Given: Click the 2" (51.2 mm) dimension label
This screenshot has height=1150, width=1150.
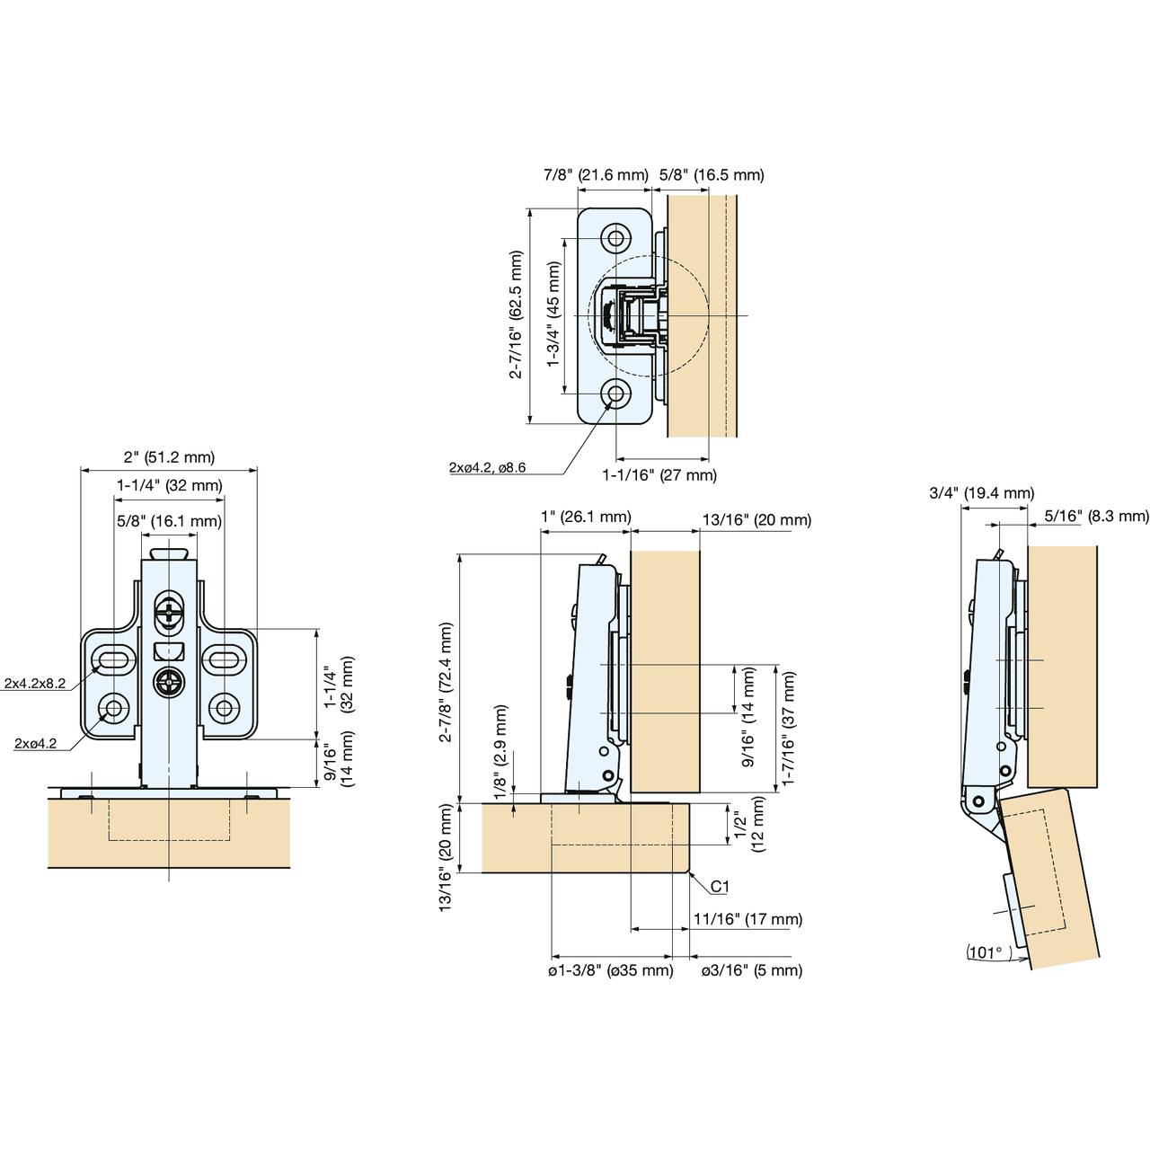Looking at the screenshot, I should coord(169,457).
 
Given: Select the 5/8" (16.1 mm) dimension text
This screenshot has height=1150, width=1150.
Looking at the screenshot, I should coord(169,521).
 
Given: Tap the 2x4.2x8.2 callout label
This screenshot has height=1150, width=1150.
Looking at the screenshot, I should coord(35,684).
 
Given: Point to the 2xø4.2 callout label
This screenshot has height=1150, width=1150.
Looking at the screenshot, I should coord(35,744).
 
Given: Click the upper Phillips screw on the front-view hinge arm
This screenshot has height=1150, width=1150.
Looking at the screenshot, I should coord(169,615).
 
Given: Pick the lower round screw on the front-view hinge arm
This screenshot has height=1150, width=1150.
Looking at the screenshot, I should coord(169,684).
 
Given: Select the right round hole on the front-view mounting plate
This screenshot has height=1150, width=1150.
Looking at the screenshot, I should coord(224,708).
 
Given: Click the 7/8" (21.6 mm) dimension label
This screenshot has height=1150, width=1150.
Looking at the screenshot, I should coord(596,175).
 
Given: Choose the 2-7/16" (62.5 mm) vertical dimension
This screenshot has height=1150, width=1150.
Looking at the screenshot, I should coord(516,314).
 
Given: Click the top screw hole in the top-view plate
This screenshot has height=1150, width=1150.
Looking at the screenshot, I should coord(615,238).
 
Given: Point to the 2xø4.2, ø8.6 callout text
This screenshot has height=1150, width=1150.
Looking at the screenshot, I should coord(487,468).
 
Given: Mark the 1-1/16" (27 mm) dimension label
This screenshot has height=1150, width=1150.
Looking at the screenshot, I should coord(659,475).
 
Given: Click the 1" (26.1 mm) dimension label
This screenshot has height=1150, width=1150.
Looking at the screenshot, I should coord(586,517).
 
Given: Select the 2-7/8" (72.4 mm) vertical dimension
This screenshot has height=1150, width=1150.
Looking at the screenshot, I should coord(446,683).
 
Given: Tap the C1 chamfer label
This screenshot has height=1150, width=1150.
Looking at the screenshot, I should coord(720,887).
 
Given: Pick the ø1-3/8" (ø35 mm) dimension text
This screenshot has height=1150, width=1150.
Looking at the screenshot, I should coord(611,970).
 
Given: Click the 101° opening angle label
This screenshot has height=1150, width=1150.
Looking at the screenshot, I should coord(986,952).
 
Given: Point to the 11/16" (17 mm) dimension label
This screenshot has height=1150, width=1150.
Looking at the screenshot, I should coord(747,919).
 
